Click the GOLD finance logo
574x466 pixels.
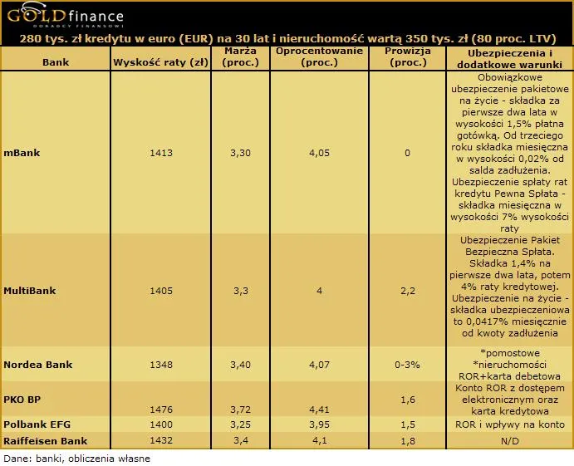coord(65,16)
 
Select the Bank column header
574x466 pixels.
coord(56,62)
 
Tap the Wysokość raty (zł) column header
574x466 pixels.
coord(160,62)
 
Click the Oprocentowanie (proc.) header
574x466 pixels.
coord(319,56)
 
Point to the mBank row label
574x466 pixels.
coord(22,153)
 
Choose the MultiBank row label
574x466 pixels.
coord(30,291)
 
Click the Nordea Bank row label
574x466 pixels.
coord(38,365)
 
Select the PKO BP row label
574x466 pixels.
coord(22,400)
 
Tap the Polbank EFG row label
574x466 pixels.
coord(37,424)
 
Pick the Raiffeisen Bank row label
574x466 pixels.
coord(46,441)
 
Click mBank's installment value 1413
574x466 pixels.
coord(160,153)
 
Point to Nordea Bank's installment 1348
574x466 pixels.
coord(160,365)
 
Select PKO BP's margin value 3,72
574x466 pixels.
coord(241,410)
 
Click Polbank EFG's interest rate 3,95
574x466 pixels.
coord(319,424)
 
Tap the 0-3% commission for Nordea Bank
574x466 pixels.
coord(407,365)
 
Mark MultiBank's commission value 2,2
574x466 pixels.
coord(408,291)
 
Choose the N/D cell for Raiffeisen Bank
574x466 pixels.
coord(509,441)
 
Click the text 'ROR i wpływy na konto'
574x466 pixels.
coord(509,424)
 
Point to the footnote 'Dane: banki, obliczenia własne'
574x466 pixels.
coord(77,459)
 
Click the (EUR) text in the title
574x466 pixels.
coord(196,39)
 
